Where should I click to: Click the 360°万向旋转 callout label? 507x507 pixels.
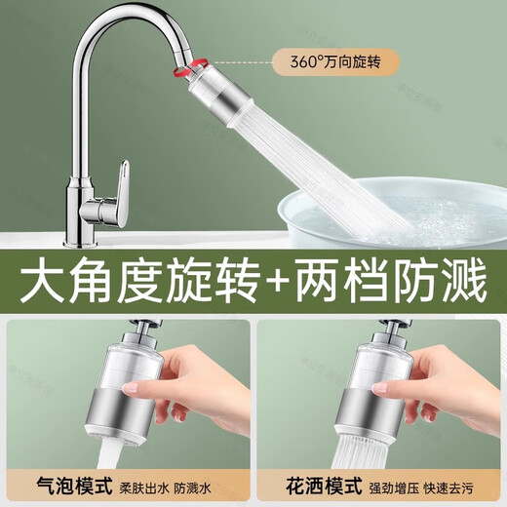[335, 62]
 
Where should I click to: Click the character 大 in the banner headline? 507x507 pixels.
[43, 279]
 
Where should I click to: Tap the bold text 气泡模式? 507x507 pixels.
[74, 486]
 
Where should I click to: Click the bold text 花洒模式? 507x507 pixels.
[324, 486]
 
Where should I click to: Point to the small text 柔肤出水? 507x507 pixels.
[143, 488]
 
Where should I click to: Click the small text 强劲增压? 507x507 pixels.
[394, 488]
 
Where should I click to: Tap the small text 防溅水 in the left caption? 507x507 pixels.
[192, 488]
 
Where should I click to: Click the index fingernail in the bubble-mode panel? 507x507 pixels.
[132, 388]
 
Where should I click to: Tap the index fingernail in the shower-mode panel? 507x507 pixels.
[380, 388]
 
